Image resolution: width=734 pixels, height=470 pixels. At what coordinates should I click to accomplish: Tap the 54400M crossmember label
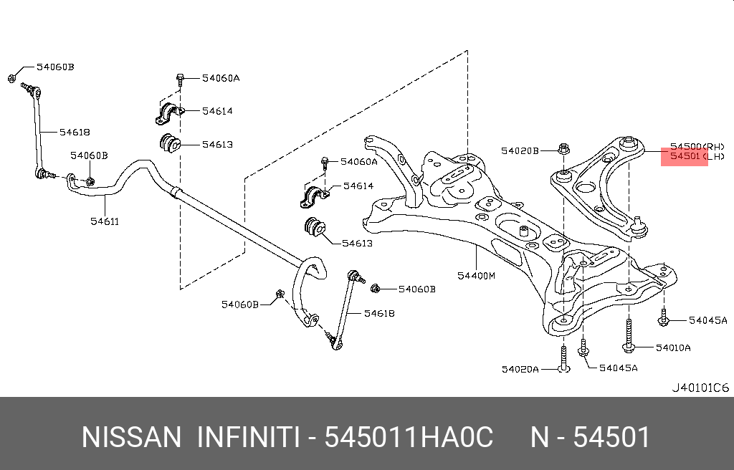(x=476, y=275)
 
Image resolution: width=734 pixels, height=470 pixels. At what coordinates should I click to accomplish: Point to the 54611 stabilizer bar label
(x=105, y=221)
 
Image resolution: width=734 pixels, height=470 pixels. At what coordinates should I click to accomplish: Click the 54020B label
(x=520, y=150)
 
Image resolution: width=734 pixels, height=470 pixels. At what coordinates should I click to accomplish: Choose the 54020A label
(x=520, y=369)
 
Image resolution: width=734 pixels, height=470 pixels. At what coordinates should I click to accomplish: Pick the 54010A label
(x=673, y=347)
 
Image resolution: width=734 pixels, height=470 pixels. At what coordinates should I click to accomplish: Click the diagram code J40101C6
(x=700, y=388)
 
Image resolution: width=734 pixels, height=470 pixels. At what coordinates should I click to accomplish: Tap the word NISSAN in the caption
(x=131, y=437)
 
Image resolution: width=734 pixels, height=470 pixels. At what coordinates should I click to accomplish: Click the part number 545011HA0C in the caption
(x=409, y=437)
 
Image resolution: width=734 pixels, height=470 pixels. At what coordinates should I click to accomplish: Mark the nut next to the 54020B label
(x=563, y=150)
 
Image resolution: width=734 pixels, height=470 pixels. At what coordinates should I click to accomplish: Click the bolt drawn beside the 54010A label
(x=629, y=337)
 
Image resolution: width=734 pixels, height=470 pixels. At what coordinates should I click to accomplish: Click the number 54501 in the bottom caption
(x=614, y=437)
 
